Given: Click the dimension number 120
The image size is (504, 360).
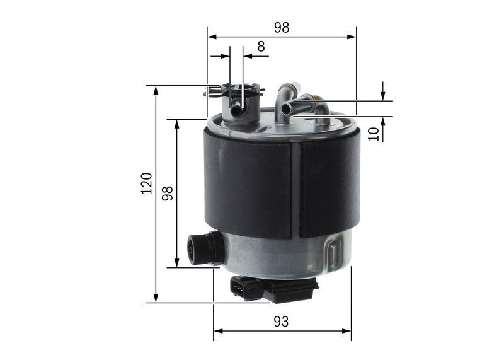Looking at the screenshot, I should coord(146,183).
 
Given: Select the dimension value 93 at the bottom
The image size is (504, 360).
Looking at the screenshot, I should coord(281,321).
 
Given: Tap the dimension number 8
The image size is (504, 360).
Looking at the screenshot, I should coord(261,46).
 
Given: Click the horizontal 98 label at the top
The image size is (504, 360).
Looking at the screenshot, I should coord(281,27).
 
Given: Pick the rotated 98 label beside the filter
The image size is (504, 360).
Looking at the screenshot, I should coord(167,194).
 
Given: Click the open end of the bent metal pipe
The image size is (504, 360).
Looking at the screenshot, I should coord(286,109).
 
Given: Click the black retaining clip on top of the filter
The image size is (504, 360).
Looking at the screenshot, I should coord(233,92).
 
